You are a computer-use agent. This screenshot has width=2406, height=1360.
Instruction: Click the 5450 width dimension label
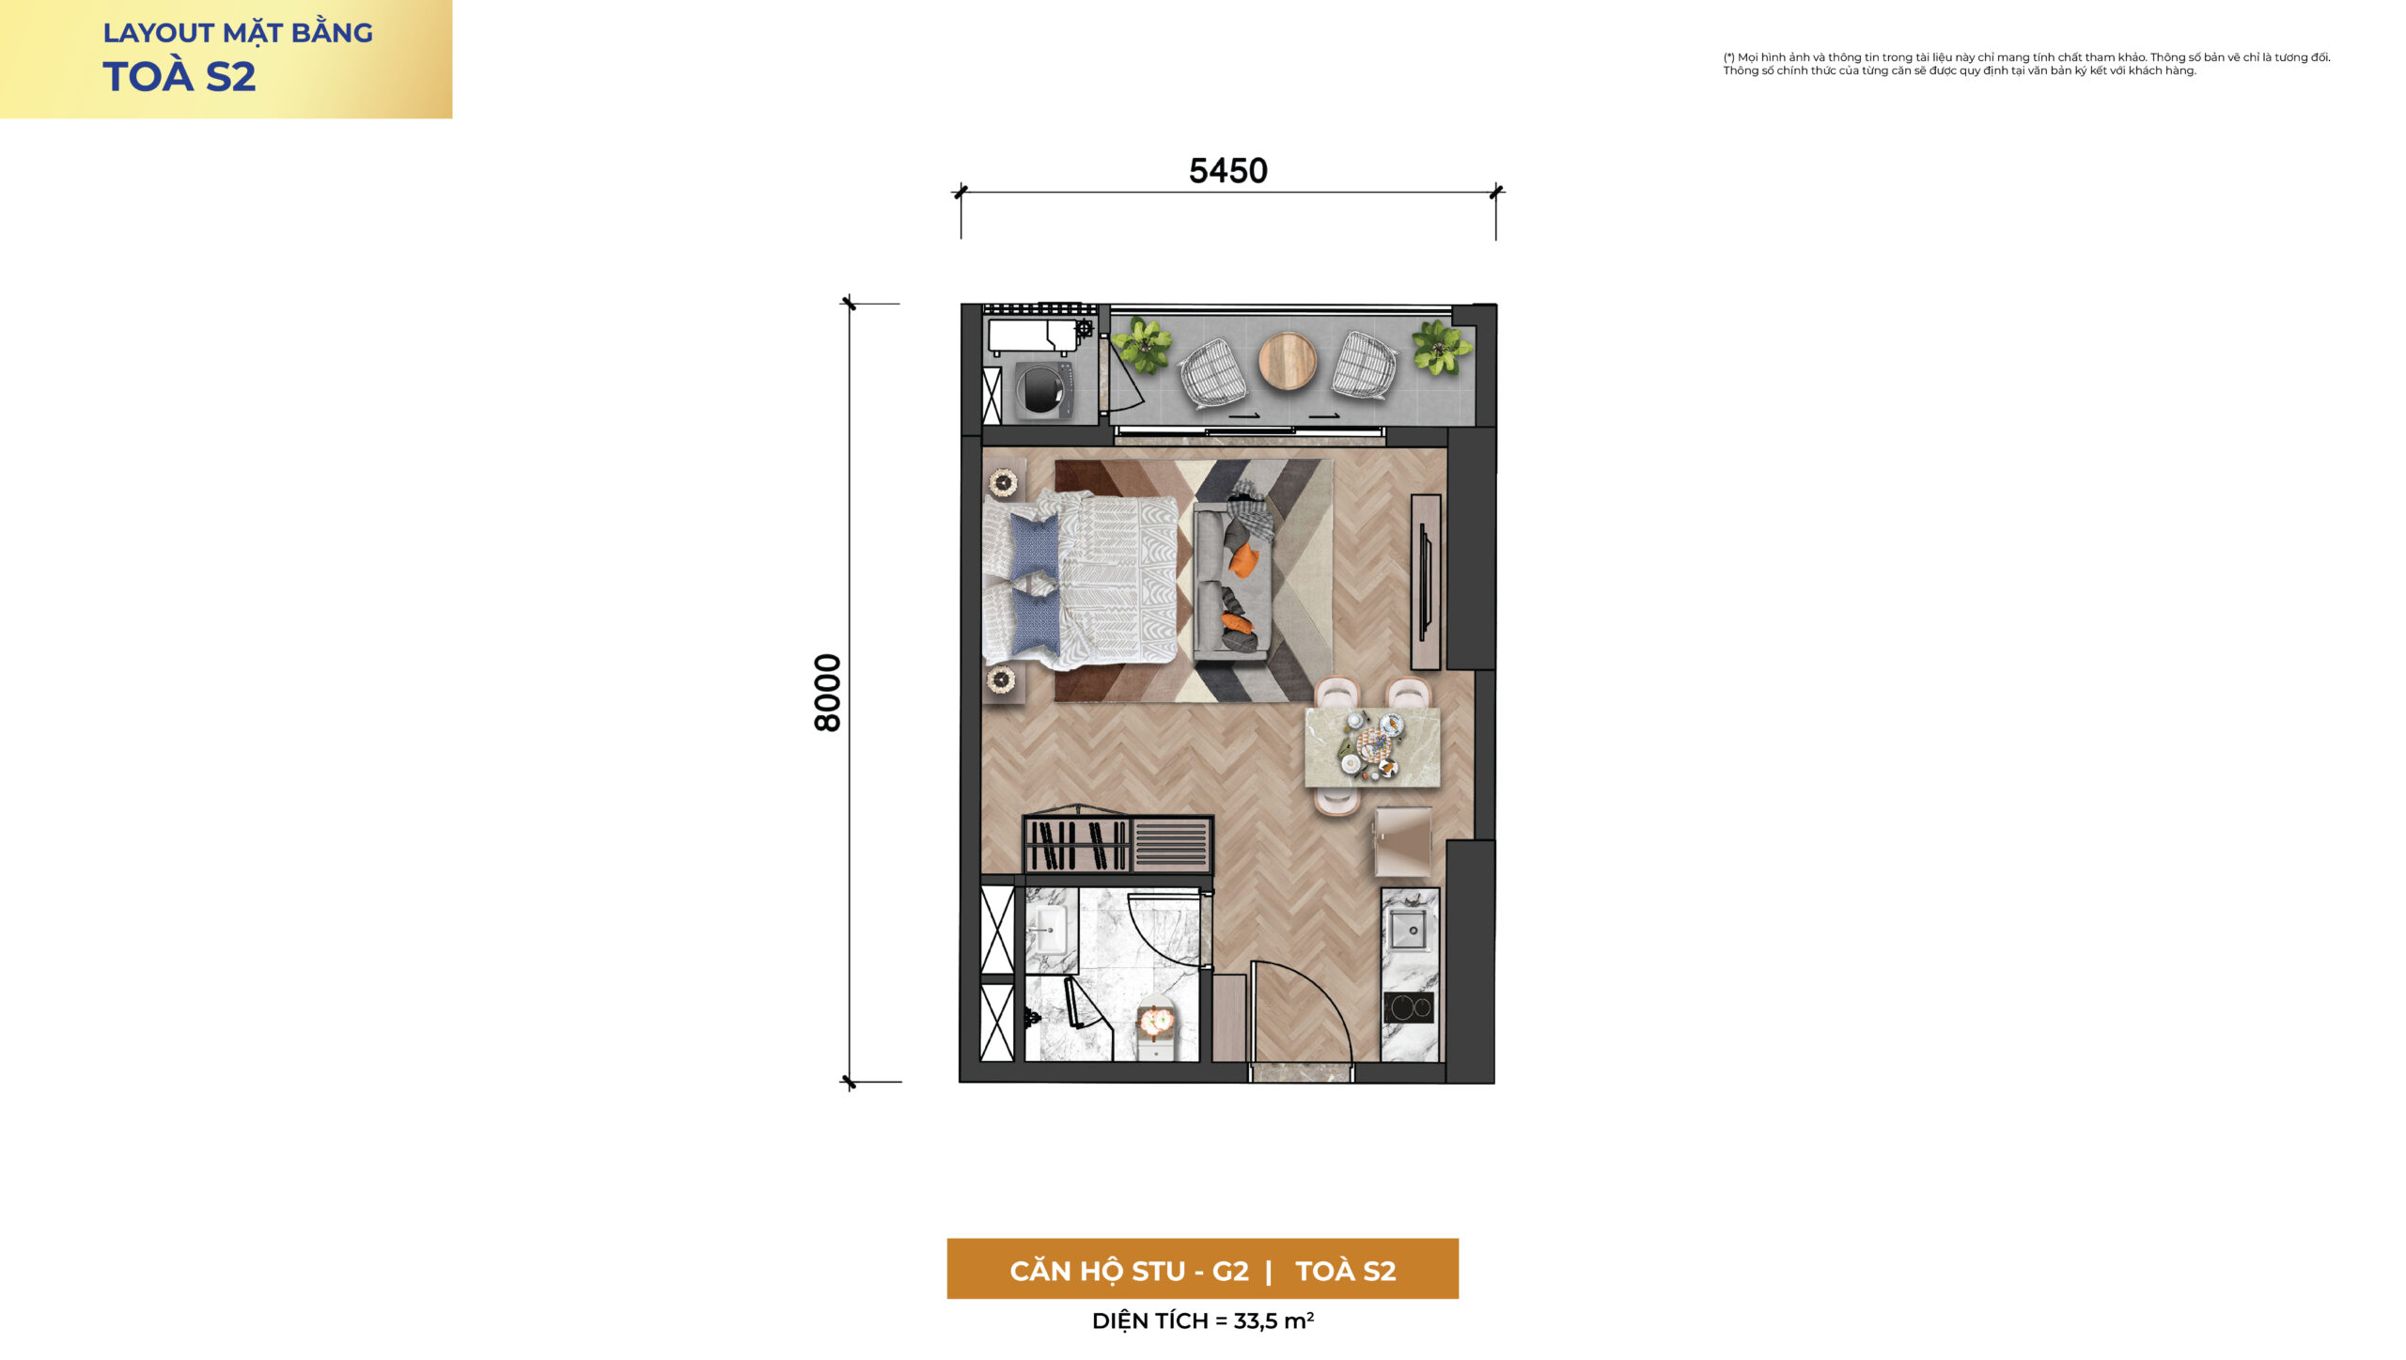(1227, 171)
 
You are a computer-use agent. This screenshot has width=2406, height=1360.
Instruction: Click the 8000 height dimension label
(827, 693)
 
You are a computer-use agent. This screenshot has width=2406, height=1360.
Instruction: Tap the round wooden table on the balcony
(1287, 360)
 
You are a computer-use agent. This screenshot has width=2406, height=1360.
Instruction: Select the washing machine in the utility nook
(1042, 389)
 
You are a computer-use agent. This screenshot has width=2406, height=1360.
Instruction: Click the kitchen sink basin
(1408, 930)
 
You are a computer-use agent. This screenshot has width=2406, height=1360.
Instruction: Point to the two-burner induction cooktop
(1408, 1008)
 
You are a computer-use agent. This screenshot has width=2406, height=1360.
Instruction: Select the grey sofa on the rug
(1232, 581)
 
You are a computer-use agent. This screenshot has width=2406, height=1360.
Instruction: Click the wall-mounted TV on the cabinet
(1425, 582)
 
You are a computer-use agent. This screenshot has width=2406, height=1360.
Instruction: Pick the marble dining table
(1372, 747)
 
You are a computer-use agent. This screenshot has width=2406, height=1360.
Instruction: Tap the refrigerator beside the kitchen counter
(1402, 842)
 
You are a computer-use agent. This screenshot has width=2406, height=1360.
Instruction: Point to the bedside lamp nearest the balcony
(1003, 483)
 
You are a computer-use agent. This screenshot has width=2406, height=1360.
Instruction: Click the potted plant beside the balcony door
(1142, 345)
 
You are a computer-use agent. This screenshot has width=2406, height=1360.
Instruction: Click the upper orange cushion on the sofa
(1242, 559)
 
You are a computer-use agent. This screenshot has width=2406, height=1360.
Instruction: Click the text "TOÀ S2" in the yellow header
(179, 77)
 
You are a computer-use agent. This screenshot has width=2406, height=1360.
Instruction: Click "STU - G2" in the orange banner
(1190, 1271)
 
